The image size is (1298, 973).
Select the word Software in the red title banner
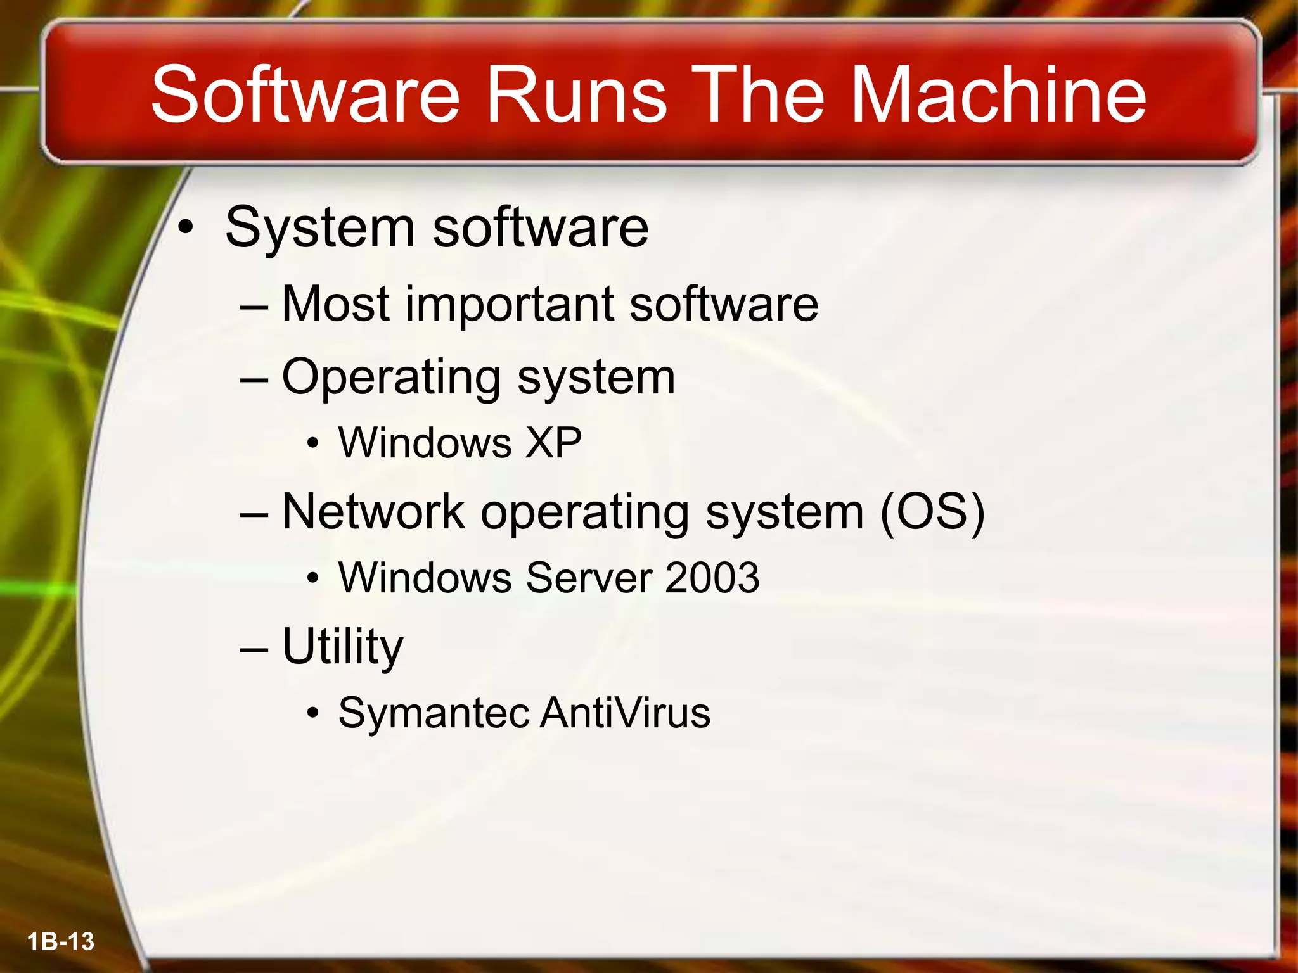[305, 95]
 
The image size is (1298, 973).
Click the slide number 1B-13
[61, 941]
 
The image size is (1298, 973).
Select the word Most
[335, 304]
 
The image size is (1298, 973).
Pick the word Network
[373, 511]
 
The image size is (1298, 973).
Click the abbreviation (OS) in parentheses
[932, 512]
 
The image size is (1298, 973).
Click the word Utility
[342, 647]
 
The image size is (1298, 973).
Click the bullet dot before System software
[184, 227]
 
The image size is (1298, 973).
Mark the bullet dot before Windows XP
[312, 443]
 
